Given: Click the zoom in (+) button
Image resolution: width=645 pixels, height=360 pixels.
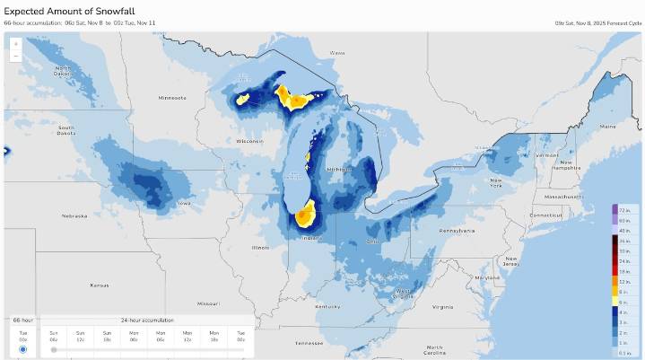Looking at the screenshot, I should coord(15,43).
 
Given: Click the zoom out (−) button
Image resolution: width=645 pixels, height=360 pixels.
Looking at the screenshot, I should coord(15,56).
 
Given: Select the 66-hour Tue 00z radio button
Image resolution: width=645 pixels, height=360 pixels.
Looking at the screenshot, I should coord(22,349).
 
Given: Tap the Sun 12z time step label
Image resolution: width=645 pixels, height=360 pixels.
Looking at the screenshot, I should coord(81,335).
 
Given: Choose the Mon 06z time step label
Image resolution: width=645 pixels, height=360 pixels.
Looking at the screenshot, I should coord(161,335).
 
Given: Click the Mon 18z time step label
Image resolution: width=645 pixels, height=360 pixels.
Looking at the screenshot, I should coord(214,335).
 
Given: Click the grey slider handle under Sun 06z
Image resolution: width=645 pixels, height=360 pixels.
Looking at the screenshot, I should coord(54,349).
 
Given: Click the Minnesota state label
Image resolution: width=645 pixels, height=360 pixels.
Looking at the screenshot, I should coord(171,97).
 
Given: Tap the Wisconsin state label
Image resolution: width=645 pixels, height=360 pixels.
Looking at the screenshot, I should coord(250,141).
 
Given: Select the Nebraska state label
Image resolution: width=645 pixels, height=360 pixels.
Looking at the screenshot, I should coord(74,215).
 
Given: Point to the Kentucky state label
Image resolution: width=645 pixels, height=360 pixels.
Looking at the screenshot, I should coord(327,306).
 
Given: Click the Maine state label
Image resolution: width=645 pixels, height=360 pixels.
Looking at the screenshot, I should coord(609,126).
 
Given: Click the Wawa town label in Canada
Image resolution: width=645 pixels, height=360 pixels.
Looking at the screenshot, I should coord(337,53).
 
